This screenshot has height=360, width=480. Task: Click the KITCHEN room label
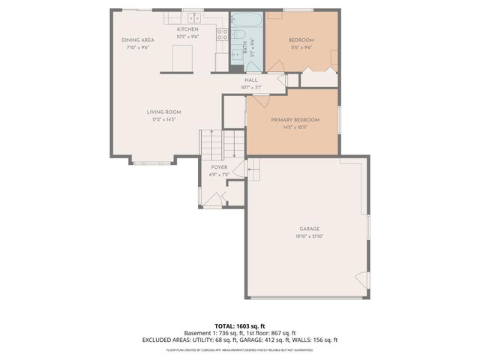[x=187, y=29]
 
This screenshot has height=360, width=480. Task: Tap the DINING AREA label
[x=138, y=40]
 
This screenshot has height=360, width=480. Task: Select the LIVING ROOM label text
[x=163, y=112]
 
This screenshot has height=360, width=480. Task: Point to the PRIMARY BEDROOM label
[x=295, y=120]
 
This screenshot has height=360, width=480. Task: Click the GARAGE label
[x=310, y=229]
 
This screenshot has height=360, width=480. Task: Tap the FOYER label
[x=219, y=167]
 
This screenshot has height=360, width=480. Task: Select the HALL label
[x=251, y=80]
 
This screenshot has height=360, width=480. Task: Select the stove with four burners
[x=222, y=34]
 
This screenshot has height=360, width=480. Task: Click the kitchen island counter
[x=182, y=57]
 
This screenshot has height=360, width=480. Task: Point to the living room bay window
[x=152, y=161]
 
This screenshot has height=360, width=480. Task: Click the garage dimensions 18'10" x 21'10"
[x=310, y=236]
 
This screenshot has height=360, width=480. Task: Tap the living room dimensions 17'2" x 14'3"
[x=163, y=119]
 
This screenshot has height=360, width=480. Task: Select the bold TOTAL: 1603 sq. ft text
[x=239, y=325]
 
